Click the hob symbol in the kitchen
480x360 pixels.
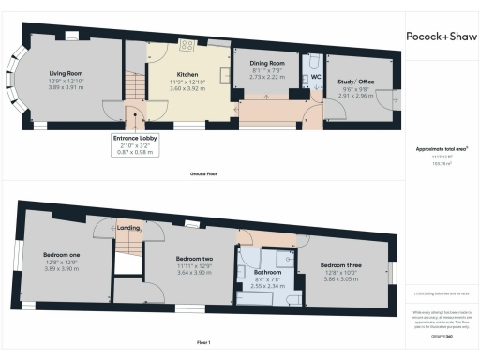pos(187,44)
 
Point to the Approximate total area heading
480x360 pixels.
pos(442,148)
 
